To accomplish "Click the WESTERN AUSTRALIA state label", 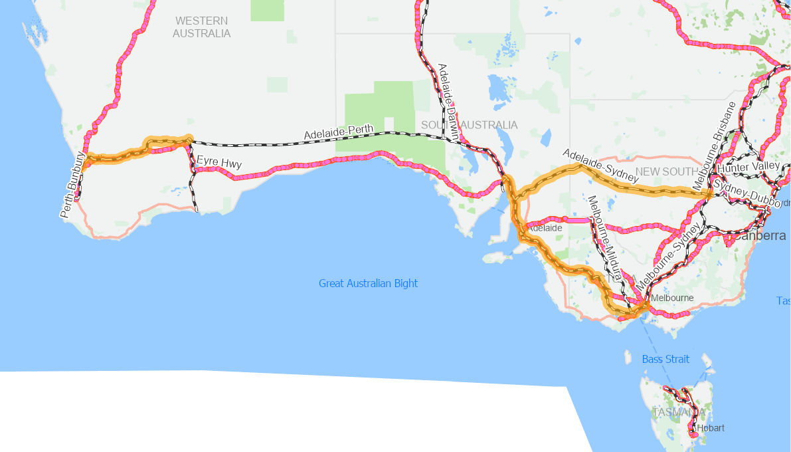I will pos(201,27).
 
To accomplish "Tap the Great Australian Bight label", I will pos(368,284).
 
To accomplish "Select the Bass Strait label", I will pos(665,359).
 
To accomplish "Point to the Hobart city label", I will pos(711,427).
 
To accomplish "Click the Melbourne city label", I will pos(672,298).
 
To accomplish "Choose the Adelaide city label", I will pos(545,228).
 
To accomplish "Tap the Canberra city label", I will pos(760,236).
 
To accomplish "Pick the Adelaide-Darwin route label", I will pos(448,100).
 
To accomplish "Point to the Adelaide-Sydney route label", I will pos(600,166).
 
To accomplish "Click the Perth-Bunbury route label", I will pos(72,185).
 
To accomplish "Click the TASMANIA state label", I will pos(677,412).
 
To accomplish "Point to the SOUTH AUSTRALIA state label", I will pos(469,125).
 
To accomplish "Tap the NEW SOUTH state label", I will pos(663,171).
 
